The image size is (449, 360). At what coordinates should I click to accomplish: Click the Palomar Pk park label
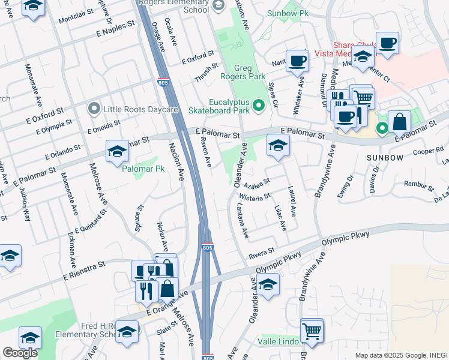143,169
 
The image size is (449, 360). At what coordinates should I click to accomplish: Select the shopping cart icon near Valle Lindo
312,329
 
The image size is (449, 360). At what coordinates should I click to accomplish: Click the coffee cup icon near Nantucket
297,60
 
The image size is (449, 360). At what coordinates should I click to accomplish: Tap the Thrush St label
204,75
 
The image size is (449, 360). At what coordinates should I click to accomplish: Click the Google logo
20,353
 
